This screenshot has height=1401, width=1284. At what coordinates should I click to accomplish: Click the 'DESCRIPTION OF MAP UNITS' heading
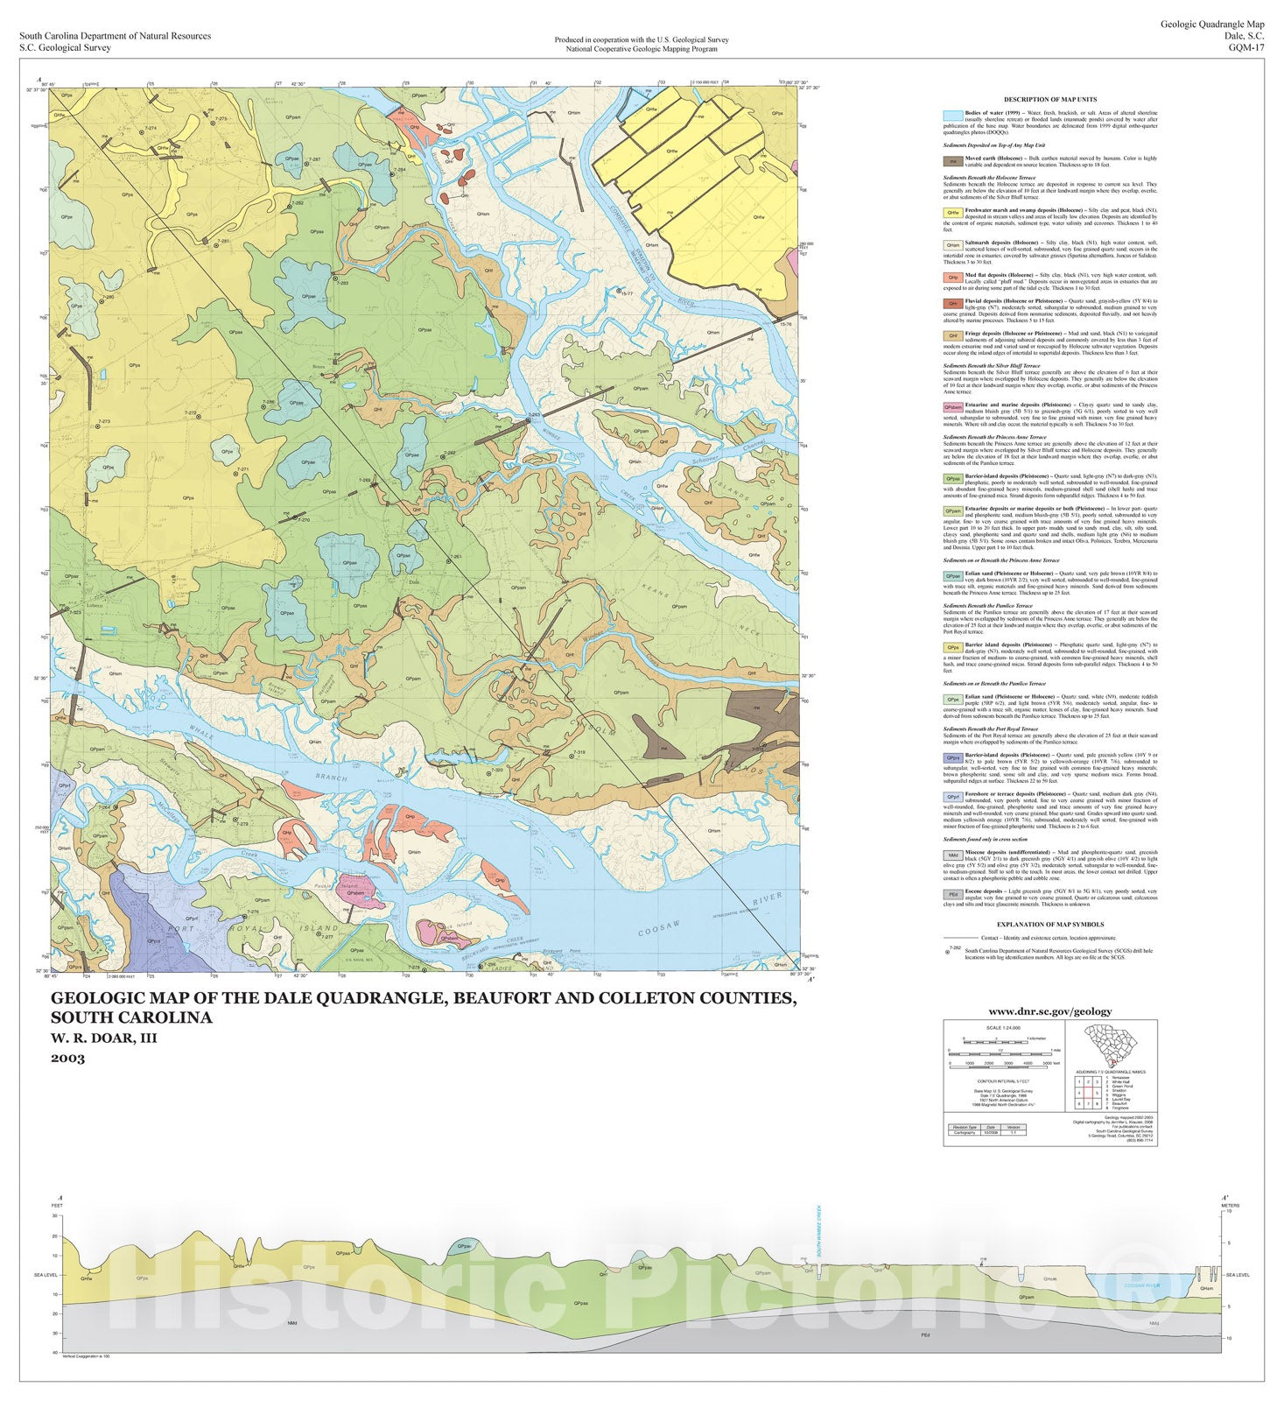[1050, 99]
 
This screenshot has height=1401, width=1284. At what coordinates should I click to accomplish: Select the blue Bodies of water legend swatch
[951, 115]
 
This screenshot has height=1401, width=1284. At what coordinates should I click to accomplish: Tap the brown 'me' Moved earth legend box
[951, 161]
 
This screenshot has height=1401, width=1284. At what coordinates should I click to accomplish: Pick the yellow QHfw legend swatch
[951, 212]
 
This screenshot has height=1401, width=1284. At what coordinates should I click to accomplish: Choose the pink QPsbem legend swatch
[951, 407]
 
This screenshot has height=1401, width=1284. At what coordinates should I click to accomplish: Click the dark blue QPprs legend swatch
[951, 757]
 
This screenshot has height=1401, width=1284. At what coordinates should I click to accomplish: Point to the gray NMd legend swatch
[951, 855]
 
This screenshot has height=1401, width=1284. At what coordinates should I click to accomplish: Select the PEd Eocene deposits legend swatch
[951, 895]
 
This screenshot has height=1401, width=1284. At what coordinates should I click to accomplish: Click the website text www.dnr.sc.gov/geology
[1050, 1011]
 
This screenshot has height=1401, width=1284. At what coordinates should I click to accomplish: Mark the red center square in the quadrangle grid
[1097, 1094]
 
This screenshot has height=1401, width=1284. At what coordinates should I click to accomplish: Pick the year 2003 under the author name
[67, 1058]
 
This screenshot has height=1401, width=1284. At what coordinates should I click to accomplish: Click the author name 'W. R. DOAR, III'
[104, 1038]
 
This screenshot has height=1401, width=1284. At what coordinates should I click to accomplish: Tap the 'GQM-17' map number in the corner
[1245, 48]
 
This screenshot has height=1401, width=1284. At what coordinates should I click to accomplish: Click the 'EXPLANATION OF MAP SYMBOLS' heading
[1050, 924]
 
